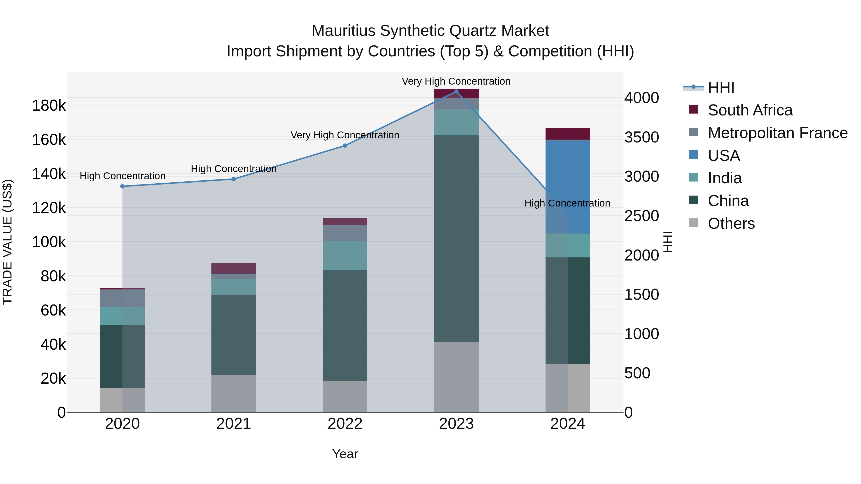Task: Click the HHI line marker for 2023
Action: [456, 91]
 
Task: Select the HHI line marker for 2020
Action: [122, 186]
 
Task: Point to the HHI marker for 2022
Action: [345, 146]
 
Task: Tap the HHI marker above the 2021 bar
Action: [234, 179]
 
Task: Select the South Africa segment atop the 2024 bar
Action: [568, 134]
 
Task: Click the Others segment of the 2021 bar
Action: [234, 393]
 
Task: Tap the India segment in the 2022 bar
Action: [345, 256]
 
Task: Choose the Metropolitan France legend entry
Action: [778, 133]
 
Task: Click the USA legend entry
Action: [724, 156]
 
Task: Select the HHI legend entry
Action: [721, 87]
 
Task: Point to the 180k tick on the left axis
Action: [49, 106]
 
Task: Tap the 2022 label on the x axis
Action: [345, 424]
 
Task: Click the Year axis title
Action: [345, 454]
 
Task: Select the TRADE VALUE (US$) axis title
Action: [8, 242]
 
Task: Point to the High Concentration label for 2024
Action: [567, 203]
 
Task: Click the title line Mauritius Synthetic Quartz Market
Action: [430, 31]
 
